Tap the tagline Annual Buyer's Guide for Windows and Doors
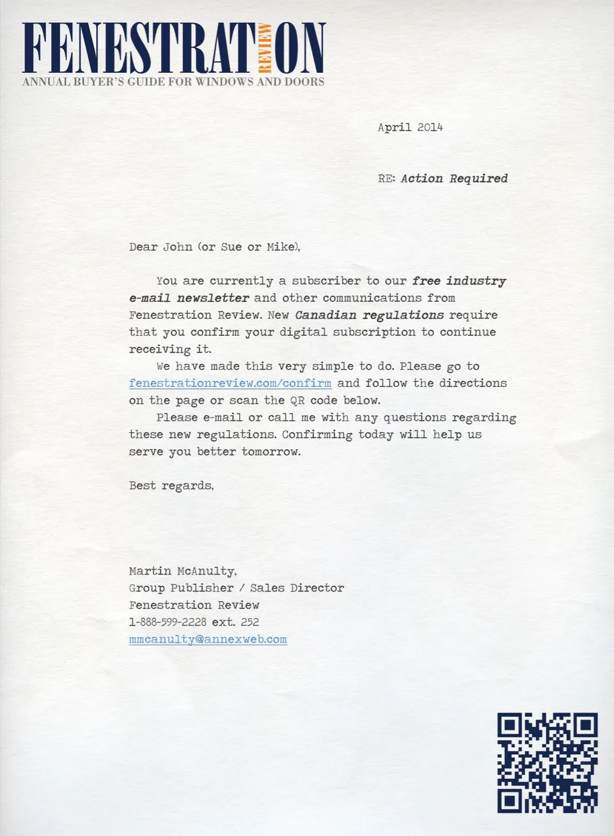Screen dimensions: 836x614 tap(173, 82)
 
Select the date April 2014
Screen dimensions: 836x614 tap(410, 127)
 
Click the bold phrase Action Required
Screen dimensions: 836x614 tap(454, 178)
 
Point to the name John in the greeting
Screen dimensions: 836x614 tap(177, 247)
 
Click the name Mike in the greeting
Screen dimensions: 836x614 tap(281, 247)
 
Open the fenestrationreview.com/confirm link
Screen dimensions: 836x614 tap(230, 383)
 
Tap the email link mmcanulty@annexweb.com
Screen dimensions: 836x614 tap(208, 639)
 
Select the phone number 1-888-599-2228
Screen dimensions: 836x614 tap(168, 622)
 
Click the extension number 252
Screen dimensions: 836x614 tap(250, 622)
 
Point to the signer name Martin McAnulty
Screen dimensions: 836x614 tap(182, 571)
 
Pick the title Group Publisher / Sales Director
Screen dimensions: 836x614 tap(236, 588)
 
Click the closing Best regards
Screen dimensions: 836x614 tap(171, 485)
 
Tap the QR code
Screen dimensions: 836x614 tap(547, 762)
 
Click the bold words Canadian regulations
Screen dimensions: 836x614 tap(369, 315)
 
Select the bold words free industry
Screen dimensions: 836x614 tap(459, 281)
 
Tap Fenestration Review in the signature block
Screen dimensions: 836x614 tap(194, 605)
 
